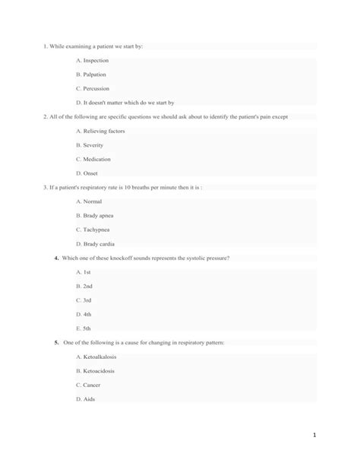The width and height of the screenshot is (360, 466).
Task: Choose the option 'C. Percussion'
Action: (93, 88)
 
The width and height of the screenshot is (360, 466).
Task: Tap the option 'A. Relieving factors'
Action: (101, 131)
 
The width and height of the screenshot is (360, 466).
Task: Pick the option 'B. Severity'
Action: (90, 144)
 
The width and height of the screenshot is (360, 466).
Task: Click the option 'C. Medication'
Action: (94, 159)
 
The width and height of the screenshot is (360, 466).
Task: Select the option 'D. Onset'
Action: (88, 173)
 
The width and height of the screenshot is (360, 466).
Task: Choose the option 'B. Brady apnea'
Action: (95, 215)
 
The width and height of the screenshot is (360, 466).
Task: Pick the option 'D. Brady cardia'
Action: (96, 243)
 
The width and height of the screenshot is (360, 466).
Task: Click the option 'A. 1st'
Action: (84, 271)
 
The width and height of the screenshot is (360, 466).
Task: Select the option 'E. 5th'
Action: (84, 328)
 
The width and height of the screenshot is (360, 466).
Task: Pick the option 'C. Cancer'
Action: (91, 385)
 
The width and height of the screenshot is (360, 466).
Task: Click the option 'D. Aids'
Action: (87, 398)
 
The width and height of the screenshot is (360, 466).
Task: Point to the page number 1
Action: (345, 436)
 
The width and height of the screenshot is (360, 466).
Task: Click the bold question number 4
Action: (56, 258)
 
